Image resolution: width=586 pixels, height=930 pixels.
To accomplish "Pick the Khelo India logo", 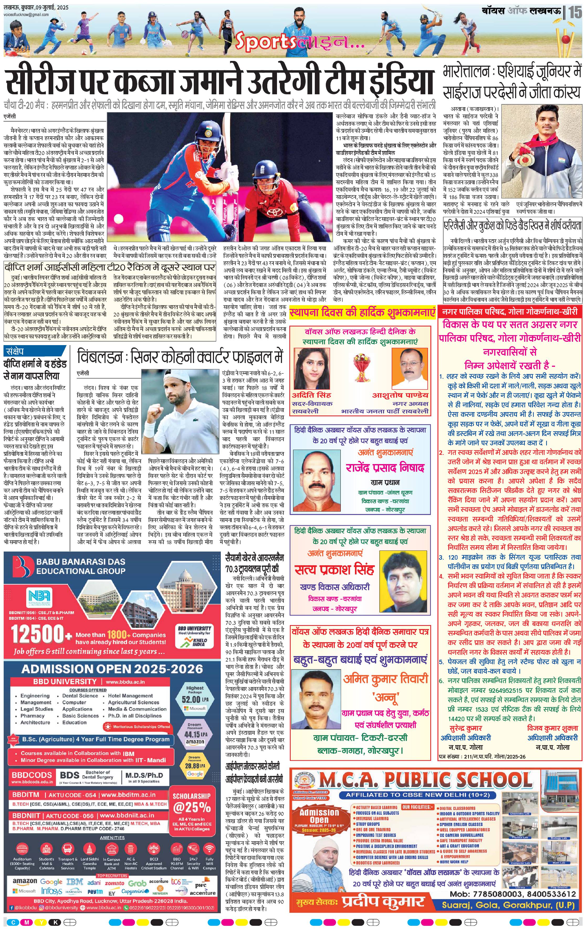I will point(194,643).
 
